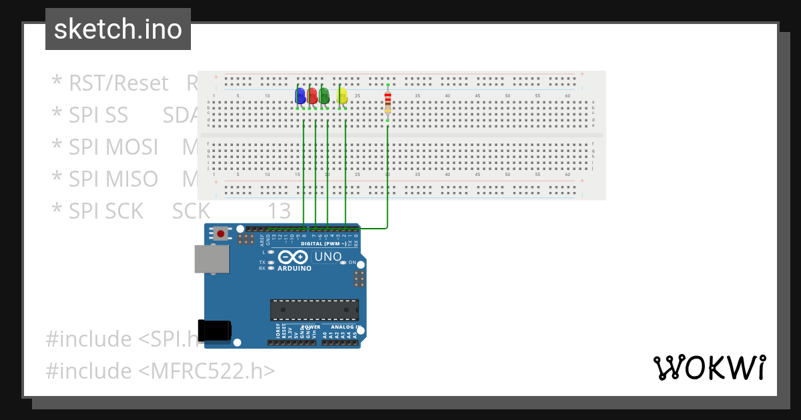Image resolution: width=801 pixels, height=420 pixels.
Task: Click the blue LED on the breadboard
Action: [x=300, y=96]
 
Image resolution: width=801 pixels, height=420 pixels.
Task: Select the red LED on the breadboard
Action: [x=312, y=96]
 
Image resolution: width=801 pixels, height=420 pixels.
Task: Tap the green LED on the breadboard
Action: [x=324, y=96]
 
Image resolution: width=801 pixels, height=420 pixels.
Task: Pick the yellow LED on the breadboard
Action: [x=342, y=96]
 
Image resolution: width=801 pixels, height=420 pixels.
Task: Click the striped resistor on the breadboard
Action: [x=388, y=103]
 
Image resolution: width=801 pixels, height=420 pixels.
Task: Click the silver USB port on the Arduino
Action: [x=211, y=259]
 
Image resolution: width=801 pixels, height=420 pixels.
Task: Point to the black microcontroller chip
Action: [x=314, y=310]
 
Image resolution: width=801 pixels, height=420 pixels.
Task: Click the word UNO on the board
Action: [x=328, y=257]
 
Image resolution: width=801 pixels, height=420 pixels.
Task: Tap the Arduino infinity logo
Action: [x=294, y=257]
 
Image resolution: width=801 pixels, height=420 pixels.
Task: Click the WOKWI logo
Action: [x=709, y=367]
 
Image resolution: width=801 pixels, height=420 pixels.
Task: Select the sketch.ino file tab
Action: [x=118, y=29]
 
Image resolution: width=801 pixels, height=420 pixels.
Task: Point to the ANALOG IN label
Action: [x=341, y=327]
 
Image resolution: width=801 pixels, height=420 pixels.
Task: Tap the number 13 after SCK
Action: [x=279, y=211]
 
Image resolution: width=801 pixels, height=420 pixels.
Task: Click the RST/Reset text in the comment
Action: [x=119, y=83]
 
